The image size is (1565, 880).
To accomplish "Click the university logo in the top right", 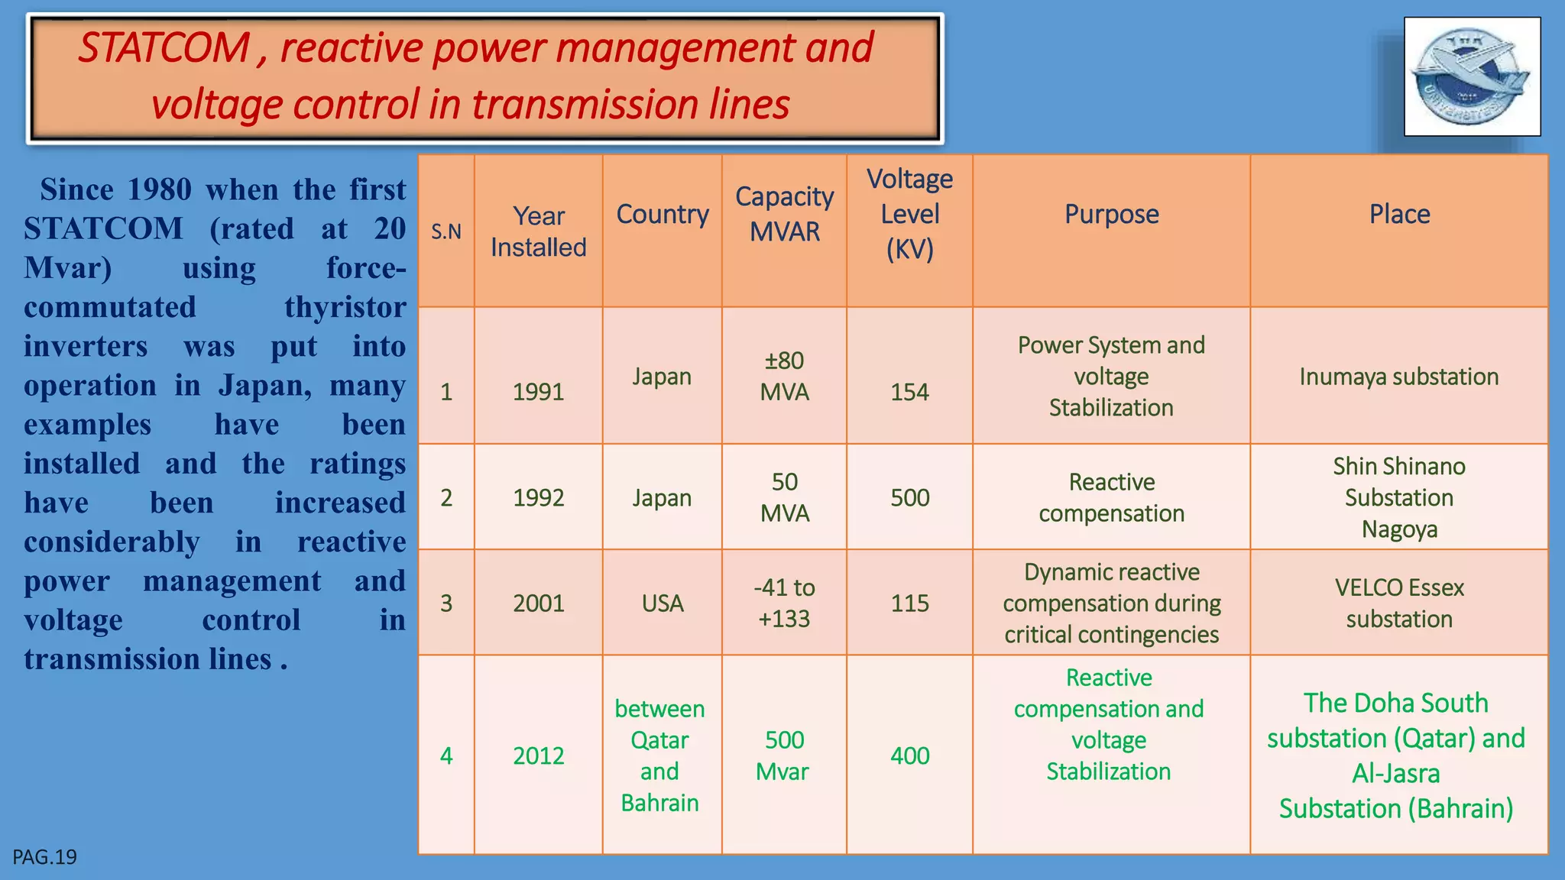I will [x=1472, y=76].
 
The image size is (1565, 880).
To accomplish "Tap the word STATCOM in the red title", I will [x=164, y=48].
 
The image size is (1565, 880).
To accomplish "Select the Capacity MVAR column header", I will [x=784, y=214].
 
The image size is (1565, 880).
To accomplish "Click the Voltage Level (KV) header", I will [x=909, y=214].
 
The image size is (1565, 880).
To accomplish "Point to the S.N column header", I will [x=446, y=231].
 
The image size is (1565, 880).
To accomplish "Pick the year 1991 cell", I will [x=538, y=392].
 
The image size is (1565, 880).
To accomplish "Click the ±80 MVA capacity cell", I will [x=784, y=376].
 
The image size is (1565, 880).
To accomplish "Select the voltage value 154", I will [x=909, y=392].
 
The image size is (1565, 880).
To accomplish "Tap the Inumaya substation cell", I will [x=1398, y=377].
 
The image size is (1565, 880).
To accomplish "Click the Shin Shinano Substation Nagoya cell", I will [x=1398, y=497].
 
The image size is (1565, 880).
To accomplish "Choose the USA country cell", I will [x=662, y=603].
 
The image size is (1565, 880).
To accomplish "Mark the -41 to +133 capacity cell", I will [x=784, y=603].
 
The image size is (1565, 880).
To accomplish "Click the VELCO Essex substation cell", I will [x=1398, y=603].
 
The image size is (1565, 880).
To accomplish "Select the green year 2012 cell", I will [x=538, y=755].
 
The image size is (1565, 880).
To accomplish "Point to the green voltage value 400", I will [x=909, y=755].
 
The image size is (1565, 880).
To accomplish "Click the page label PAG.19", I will [x=44, y=857].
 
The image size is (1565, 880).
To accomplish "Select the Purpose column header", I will [x=1111, y=214].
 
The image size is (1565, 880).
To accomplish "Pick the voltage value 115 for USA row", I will [x=909, y=603].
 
